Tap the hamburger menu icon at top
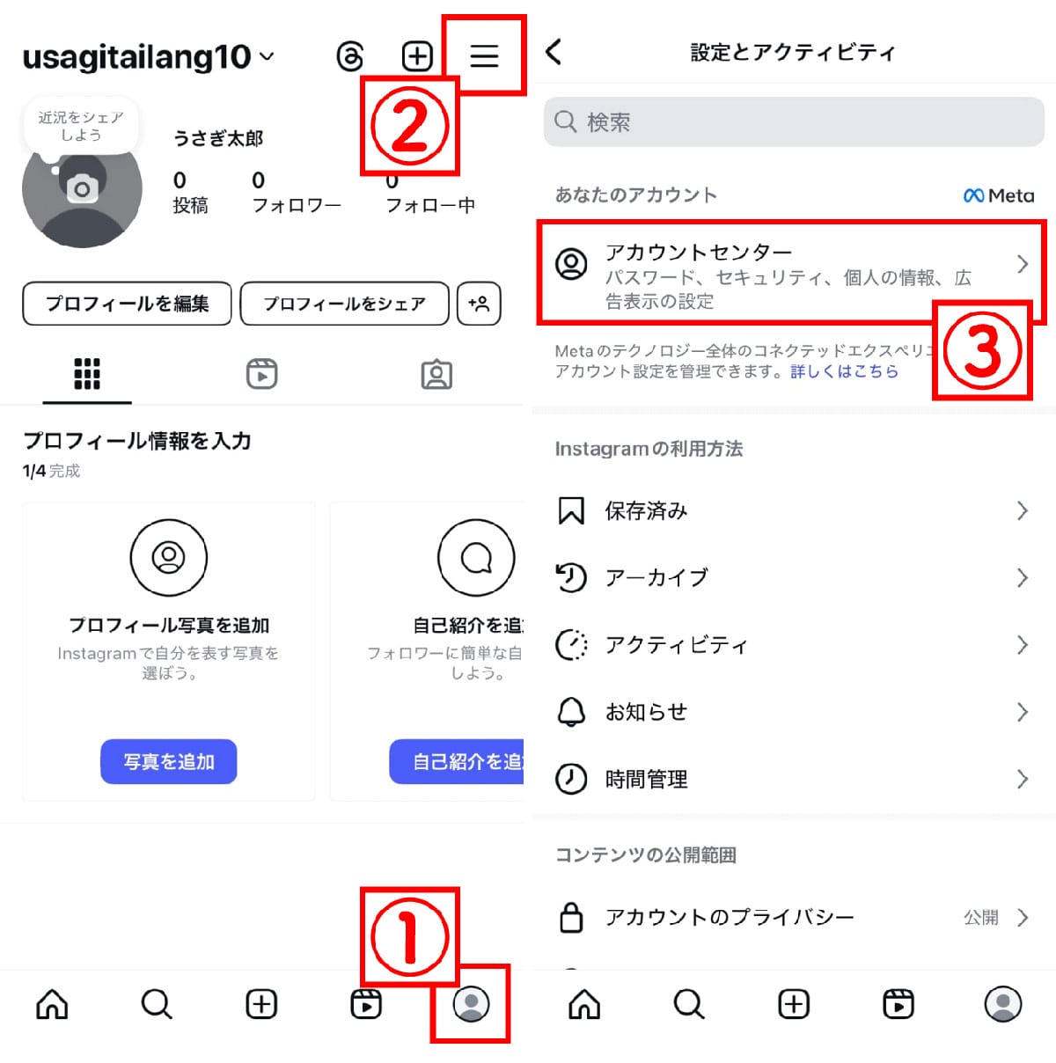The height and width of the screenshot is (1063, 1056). click(484, 56)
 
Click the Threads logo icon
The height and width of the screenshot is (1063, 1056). click(350, 56)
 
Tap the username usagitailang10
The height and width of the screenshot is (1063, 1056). click(137, 57)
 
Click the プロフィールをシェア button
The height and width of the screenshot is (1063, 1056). click(344, 304)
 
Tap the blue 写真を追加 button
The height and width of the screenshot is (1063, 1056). click(168, 761)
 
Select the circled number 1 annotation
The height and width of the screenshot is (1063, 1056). click(409, 936)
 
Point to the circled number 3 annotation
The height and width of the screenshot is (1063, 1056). click(982, 350)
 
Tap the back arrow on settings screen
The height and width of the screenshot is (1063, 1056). click(554, 52)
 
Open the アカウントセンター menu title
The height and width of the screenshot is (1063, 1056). click(699, 253)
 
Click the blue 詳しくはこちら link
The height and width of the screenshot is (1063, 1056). click(844, 371)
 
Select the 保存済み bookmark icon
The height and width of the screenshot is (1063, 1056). click(571, 510)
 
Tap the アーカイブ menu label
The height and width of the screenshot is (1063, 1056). click(656, 577)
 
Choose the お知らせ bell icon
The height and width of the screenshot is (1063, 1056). click(571, 711)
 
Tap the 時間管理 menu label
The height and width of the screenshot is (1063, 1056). click(646, 779)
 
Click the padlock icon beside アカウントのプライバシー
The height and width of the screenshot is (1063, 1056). click(571, 917)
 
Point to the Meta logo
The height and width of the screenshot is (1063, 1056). click(999, 195)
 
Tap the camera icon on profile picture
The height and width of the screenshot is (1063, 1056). click(82, 187)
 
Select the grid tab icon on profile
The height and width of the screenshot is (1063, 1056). click(87, 374)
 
